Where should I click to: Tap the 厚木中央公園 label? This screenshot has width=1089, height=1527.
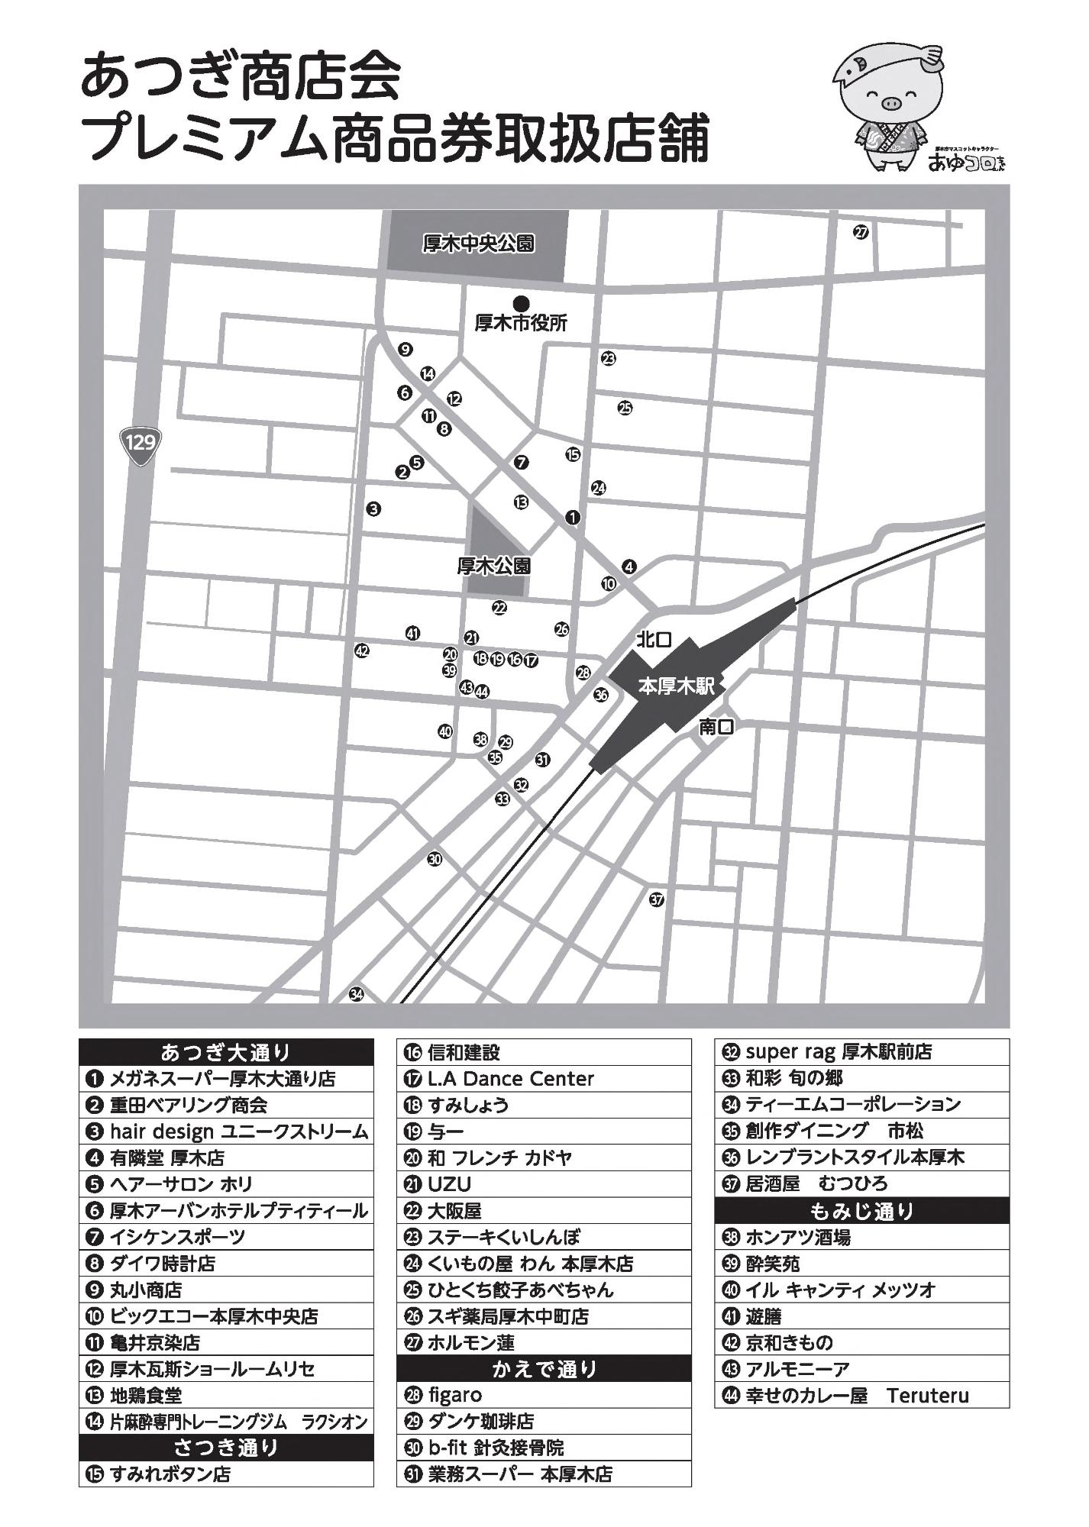[x=478, y=244]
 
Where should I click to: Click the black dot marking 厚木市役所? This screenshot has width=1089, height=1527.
[x=522, y=302]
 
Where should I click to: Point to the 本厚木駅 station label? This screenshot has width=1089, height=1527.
[x=676, y=686]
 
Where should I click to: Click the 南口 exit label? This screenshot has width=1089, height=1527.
[x=716, y=727]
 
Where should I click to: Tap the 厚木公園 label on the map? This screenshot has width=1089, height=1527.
[x=493, y=567]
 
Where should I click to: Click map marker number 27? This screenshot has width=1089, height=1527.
[x=861, y=232]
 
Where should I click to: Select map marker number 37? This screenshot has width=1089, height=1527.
[x=657, y=899]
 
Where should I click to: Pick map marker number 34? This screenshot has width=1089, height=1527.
[x=357, y=994]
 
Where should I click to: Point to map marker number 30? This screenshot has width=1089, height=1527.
[x=435, y=859]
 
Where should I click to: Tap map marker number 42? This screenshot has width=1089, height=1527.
[x=362, y=651]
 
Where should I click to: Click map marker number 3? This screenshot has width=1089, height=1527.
[x=373, y=508]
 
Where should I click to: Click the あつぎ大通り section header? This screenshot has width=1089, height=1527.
[x=226, y=1053]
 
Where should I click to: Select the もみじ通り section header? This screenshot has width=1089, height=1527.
[x=861, y=1211]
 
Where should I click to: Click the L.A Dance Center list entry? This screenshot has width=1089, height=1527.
[x=510, y=1079]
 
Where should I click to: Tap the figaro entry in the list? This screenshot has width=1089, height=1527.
[x=454, y=1396]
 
